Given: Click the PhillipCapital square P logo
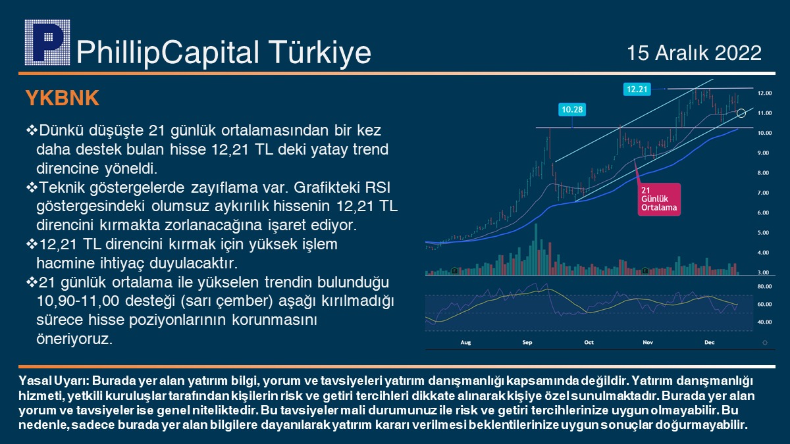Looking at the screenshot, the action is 47,42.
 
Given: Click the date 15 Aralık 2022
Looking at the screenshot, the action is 694,53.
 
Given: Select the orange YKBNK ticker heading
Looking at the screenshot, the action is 62,98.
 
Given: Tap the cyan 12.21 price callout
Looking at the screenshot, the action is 637,89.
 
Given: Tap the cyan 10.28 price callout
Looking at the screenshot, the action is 571,109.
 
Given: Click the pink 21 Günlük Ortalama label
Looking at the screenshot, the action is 659,199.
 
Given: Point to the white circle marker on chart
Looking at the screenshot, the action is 741,113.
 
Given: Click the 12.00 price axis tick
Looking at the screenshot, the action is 764,93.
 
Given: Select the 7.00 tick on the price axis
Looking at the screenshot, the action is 764,193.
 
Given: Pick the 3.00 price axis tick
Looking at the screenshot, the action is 764,272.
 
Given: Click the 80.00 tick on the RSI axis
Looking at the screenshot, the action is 764,286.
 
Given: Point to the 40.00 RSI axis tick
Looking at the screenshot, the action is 764,322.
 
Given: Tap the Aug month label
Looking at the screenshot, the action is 465,343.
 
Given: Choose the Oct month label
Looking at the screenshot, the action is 589,343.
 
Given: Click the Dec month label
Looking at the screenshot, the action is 709,343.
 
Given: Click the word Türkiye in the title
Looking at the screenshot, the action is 319,53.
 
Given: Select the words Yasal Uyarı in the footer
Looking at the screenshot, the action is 54,381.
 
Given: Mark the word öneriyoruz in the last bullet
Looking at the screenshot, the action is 74,339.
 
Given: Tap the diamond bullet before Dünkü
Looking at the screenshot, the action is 32,130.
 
